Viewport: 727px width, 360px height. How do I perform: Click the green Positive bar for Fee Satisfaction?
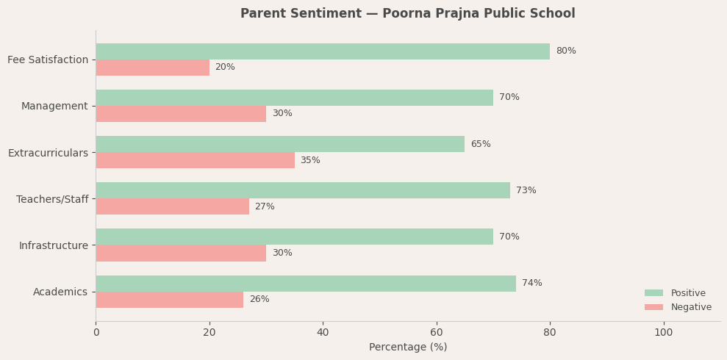tap(323, 51)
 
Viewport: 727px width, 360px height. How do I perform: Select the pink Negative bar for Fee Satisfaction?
tap(153, 68)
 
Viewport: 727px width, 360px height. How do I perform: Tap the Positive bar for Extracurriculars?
tap(280, 144)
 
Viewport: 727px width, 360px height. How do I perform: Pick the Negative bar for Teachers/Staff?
tap(173, 206)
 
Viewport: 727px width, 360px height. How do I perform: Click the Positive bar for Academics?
tap(306, 284)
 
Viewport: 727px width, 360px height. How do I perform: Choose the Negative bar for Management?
tap(181, 114)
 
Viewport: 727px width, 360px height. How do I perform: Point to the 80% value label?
tap(566, 51)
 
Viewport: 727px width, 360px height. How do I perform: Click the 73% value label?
tap(526, 191)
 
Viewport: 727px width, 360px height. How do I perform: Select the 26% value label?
tap(259, 300)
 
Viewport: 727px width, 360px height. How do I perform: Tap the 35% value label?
tap(310, 161)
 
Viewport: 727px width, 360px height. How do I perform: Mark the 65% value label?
tap(481, 145)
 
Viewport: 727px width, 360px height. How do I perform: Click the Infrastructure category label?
tap(54, 245)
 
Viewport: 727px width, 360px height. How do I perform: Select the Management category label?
tap(54, 107)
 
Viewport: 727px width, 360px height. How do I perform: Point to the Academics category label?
tap(60, 292)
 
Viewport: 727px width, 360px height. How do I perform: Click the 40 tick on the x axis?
tap(323, 333)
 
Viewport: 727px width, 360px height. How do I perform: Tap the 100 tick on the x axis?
tap(664, 333)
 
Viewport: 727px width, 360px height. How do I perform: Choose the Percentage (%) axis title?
tap(408, 348)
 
